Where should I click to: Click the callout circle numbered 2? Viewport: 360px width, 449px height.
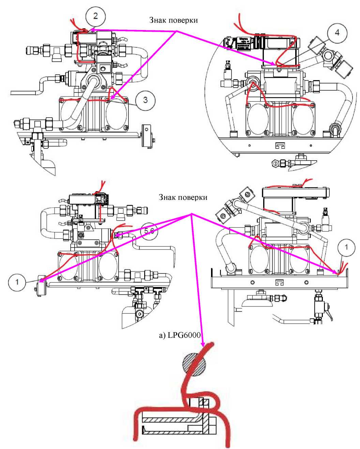[x=95, y=16]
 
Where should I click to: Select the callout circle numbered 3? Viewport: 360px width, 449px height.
[x=146, y=100]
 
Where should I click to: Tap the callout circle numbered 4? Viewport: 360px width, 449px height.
[x=337, y=33]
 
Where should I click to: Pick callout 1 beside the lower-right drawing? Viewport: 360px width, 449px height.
[x=346, y=247]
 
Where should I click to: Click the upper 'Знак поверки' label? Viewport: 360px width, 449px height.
[x=173, y=20]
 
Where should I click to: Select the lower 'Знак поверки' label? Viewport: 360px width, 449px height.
[x=183, y=197]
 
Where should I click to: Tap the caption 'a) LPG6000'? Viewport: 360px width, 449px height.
[x=180, y=335]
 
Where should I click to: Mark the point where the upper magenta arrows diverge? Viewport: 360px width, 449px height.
[x=177, y=31]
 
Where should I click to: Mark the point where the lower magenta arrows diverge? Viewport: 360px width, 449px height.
[x=191, y=214]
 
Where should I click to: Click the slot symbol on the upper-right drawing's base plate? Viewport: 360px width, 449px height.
[x=280, y=146]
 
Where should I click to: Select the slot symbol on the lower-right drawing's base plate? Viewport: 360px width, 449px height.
[x=280, y=283]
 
